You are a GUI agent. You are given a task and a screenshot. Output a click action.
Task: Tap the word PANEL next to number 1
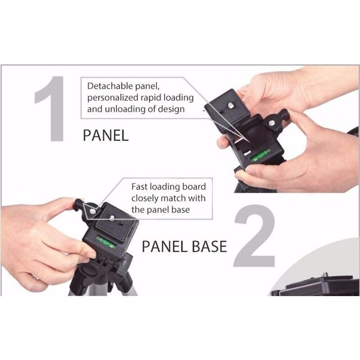(105, 135)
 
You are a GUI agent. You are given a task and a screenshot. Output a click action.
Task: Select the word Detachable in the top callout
(110, 86)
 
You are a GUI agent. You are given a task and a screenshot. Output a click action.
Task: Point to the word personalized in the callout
(113, 98)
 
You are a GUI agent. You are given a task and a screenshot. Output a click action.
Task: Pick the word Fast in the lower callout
(139, 187)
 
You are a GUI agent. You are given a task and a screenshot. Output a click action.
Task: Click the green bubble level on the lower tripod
(106, 242)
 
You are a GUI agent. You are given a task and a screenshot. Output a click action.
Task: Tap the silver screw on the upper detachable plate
(230, 106)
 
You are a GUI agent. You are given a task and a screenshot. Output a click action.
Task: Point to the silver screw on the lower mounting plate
(112, 218)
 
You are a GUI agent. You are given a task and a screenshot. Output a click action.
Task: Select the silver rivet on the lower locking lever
(92, 211)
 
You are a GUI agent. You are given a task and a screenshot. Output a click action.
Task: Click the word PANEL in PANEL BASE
(165, 246)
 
